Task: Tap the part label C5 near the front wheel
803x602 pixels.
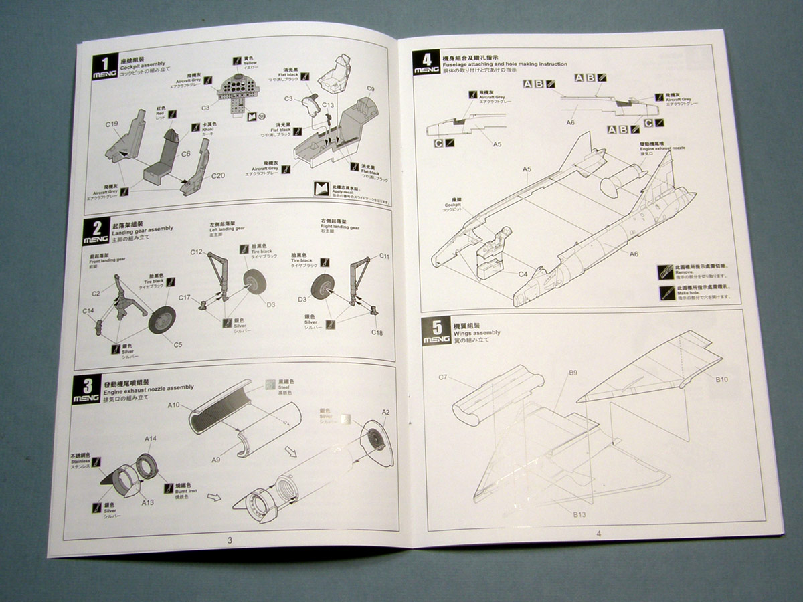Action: [x=178, y=345]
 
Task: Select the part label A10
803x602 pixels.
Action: [x=174, y=405]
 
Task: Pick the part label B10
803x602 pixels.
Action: [x=721, y=379]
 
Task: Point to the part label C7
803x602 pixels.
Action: [x=443, y=377]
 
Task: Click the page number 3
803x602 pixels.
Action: [x=229, y=540]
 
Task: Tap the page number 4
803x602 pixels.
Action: [x=598, y=533]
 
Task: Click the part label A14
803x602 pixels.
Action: [x=151, y=439]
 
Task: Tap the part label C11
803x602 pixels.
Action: [x=385, y=256]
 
